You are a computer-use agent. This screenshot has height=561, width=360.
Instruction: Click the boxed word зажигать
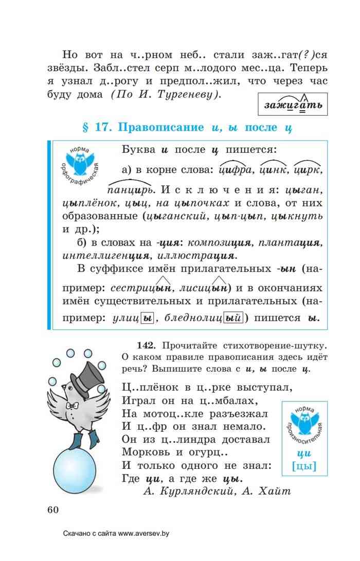click(x=293, y=105)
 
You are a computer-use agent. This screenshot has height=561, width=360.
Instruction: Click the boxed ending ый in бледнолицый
click(x=233, y=319)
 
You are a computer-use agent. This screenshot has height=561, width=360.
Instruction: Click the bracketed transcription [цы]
click(x=303, y=466)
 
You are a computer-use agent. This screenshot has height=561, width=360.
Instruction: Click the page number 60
click(x=53, y=510)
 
